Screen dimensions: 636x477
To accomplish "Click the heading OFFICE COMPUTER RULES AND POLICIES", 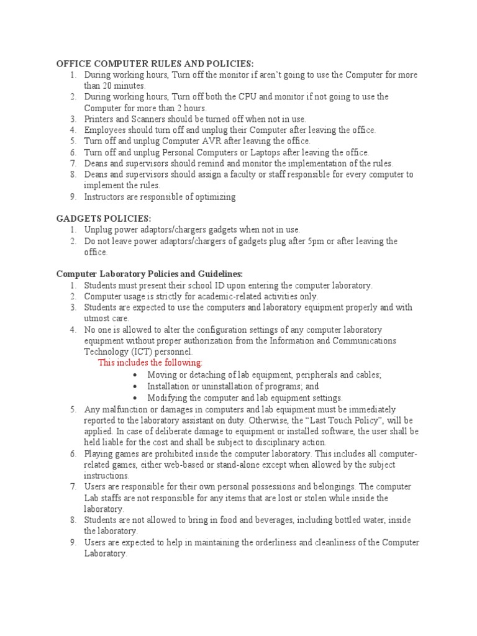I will pos(155,64).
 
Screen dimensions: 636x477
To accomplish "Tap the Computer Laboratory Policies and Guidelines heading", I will pos(150,274).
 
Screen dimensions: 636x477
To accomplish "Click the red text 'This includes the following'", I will pos(150,363).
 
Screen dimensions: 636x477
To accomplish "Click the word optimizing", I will pos(214,197).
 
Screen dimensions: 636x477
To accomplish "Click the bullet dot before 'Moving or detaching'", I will pos(135,375).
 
